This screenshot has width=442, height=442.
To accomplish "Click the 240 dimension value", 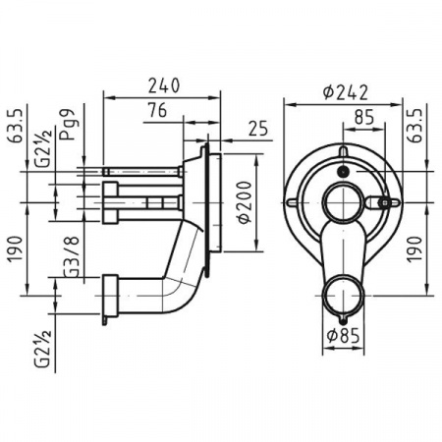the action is pos(164,85).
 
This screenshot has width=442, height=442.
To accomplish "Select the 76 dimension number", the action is pos(157,110).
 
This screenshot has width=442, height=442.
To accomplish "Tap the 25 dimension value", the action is pos(258,129).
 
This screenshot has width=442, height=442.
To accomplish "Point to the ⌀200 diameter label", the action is pos(246,202).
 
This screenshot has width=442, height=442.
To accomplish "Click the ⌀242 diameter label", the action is pos(345,92).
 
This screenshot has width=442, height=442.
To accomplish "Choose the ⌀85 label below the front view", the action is pos(343,335).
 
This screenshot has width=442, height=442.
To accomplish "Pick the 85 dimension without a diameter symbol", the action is pos(364,117).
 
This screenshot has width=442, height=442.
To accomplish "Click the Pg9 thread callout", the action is pos(68,125).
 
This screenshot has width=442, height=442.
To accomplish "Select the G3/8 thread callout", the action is pos(71,256).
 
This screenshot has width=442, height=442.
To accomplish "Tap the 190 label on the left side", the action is pos(16,249).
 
